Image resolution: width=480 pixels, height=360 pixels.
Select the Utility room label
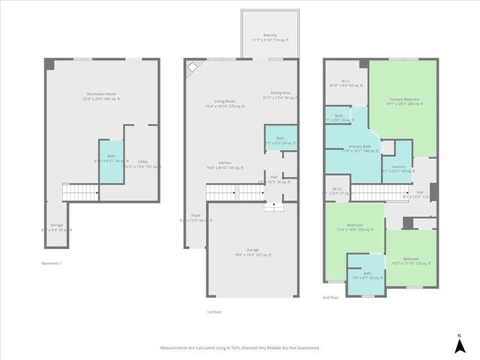pyautogui.click(x=142, y=163)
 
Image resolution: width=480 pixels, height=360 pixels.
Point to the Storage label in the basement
pyautogui.click(x=57, y=227)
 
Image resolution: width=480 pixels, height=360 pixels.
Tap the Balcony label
pyautogui.click(x=270, y=37)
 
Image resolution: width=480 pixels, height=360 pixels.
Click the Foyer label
pyautogui.click(x=196, y=218)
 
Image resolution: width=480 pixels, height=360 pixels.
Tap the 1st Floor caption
pyautogui.click(x=214, y=311)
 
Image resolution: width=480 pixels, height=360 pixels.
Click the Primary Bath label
pyautogui.click(x=360, y=148)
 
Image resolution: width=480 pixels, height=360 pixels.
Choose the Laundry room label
pyautogui.click(x=397, y=169)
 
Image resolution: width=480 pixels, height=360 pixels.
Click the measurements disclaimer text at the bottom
pyautogui.click(x=240, y=348)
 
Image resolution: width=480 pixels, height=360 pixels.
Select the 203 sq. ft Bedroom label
pyautogui.click(x=355, y=227)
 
